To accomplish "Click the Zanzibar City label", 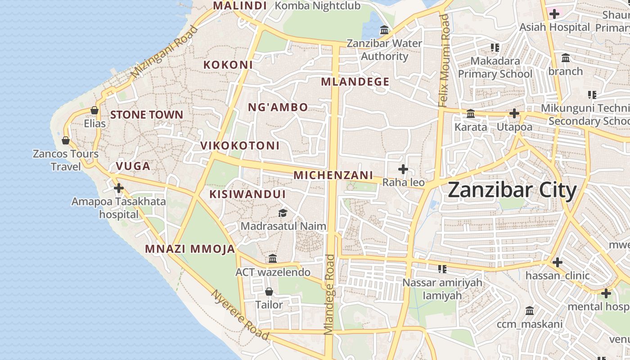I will click(512, 190).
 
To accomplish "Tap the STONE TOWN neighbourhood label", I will click(147, 115).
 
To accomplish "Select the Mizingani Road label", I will click(165, 52).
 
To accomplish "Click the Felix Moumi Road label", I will click(444, 61).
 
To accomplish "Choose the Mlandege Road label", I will click(330, 295).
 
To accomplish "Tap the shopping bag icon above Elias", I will click(94, 110).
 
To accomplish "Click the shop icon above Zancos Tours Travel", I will click(66, 140).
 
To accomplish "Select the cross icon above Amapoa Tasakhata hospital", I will click(119, 188).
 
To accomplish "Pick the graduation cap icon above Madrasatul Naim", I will click(283, 212).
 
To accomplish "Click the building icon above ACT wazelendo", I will click(273, 259).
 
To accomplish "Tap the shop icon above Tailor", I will click(269, 292).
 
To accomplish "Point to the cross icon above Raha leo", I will click(403, 169).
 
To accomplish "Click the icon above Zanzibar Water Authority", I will click(384, 30).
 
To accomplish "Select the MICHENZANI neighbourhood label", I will click(333, 175).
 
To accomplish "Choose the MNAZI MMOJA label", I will click(190, 249).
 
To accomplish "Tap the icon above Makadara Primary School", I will click(495, 47).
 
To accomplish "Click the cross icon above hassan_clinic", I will click(558, 262).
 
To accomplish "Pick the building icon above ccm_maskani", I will click(530, 311).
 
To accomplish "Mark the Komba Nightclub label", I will click(317, 6).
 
